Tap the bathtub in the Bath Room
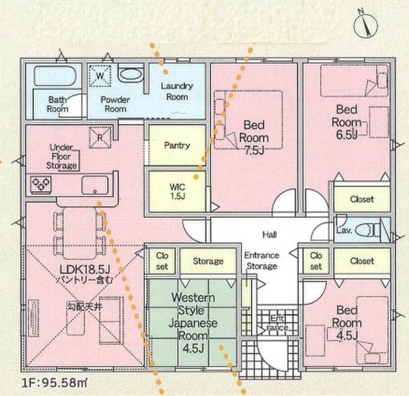(55, 77)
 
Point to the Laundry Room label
(177, 91)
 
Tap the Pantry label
(177, 146)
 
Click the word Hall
(269, 234)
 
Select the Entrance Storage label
(261, 261)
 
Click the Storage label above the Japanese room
(207, 261)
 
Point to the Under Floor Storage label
(61, 156)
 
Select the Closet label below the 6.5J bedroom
(362, 199)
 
